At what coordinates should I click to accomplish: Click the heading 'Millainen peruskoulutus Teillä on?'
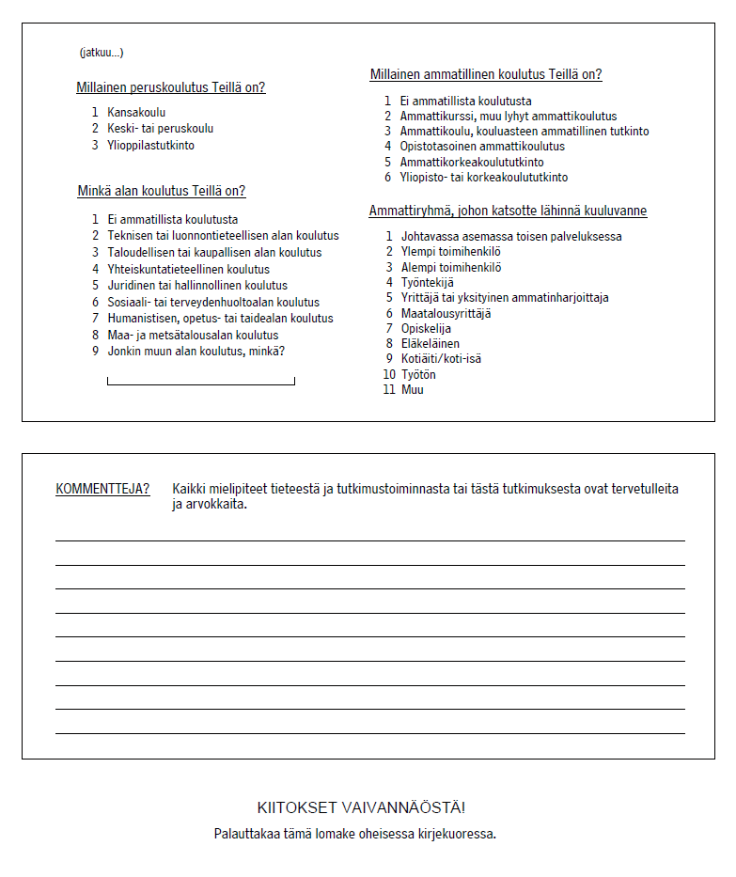tap(170, 88)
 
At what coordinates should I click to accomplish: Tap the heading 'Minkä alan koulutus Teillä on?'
tap(162, 192)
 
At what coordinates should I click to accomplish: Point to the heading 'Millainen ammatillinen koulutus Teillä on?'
tap(486, 75)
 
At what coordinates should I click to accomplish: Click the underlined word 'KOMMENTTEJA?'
tap(102, 489)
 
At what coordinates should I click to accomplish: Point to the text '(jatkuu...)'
tap(102, 53)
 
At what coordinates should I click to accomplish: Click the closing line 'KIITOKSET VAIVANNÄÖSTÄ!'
tap(361, 808)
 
